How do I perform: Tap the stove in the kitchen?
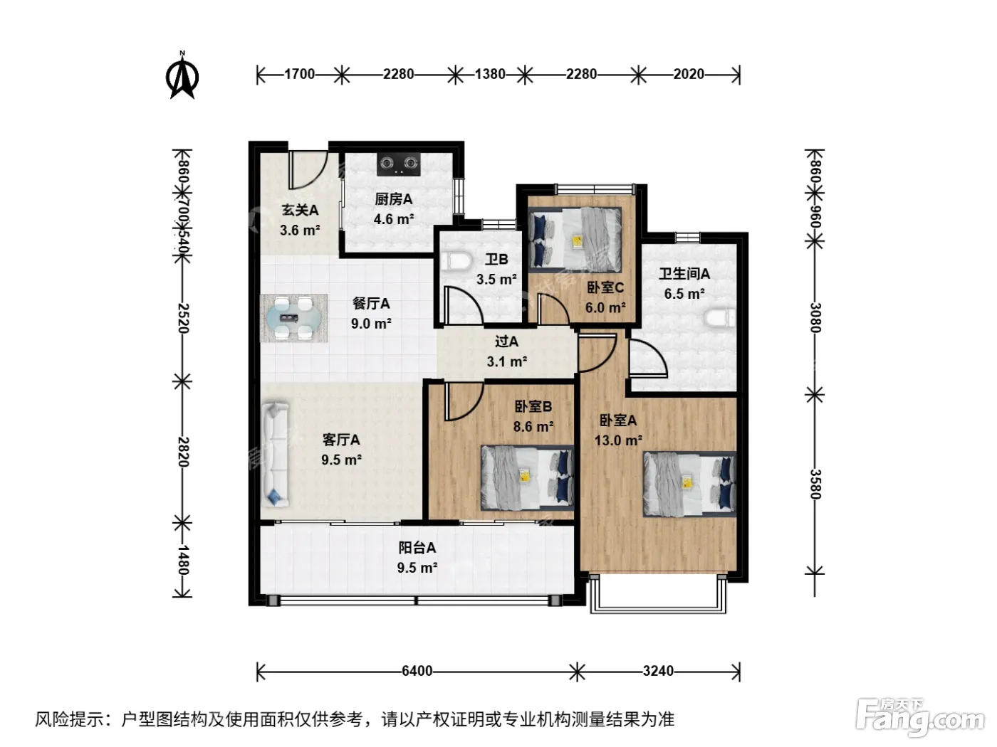(398, 164)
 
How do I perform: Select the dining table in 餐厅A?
(293, 318)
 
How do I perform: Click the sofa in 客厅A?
(276, 454)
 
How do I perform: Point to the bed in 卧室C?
(574, 237)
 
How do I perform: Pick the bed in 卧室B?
(528, 478)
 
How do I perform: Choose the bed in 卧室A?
(689, 484)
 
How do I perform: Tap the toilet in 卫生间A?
(721, 318)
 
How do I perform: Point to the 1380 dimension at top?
(490, 74)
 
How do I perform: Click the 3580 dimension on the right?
(815, 484)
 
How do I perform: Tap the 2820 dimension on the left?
(182, 452)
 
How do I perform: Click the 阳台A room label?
(417, 548)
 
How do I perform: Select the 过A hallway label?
(506, 341)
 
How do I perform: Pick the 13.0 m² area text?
(618, 440)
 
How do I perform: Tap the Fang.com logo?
(921, 718)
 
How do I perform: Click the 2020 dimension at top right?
(689, 74)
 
